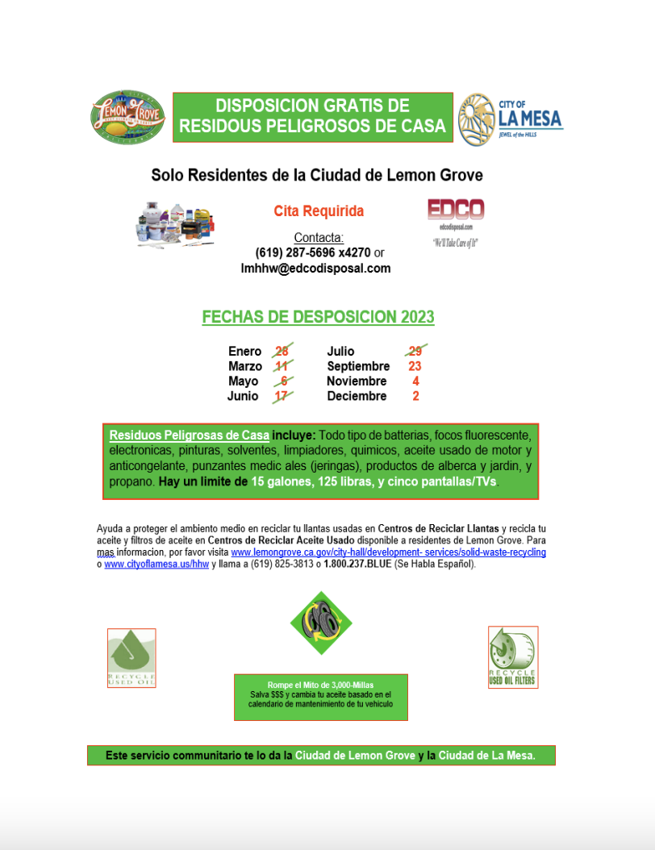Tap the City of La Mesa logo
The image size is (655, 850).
click(x=510, y=118)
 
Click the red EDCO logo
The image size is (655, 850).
click(x=455, y=210)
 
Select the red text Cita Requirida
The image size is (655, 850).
click(x=319, y=211)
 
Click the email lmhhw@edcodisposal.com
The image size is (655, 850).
click(x=315, y=269)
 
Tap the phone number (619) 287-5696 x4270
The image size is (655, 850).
click(x=313, y=253)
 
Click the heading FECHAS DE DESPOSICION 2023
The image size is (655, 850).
click(x=318, y=317)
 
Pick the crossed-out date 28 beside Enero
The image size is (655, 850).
click(x=282, y=351)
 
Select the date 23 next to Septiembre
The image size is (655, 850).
click(x=415, y=366)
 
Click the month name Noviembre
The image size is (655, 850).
click(x=357, y=381)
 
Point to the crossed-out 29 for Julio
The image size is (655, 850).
click(x=415, y=351)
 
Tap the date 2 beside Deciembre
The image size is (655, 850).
click(x=415, y=396)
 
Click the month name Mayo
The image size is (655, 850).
click(x=243, y=381)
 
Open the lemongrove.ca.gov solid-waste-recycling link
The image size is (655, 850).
click(x=388, y=552)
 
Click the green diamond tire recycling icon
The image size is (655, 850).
click(x=321, y=623)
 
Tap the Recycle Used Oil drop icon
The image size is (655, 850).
click(x=131, y=657)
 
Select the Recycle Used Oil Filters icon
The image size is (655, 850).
click(x=513, y=656)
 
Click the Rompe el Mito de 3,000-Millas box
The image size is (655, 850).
click(x=320, y=697)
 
